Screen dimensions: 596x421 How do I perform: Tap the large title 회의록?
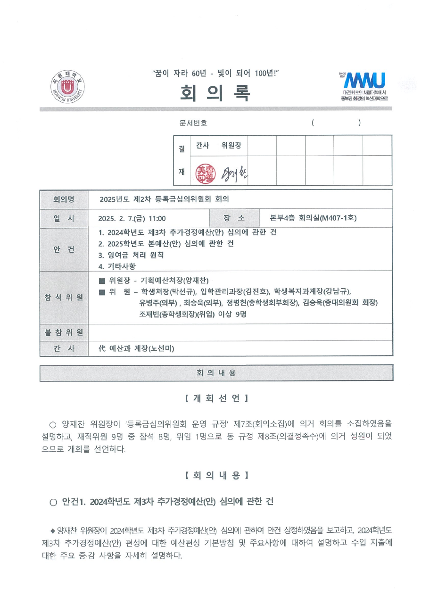215,93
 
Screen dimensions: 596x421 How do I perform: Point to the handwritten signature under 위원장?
234,174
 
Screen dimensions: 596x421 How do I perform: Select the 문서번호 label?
193,123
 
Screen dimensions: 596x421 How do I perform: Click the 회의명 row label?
64,199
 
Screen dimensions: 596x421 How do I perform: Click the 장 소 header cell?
234,218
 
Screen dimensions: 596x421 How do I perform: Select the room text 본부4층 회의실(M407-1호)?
313,218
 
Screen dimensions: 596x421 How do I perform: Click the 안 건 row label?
64,249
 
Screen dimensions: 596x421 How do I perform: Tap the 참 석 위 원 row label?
64,297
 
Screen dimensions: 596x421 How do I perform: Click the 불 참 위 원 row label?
64,332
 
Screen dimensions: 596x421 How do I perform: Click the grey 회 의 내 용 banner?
216,373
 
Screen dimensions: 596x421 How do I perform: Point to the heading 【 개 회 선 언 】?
216,398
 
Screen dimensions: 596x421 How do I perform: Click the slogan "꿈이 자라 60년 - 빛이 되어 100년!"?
215,73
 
